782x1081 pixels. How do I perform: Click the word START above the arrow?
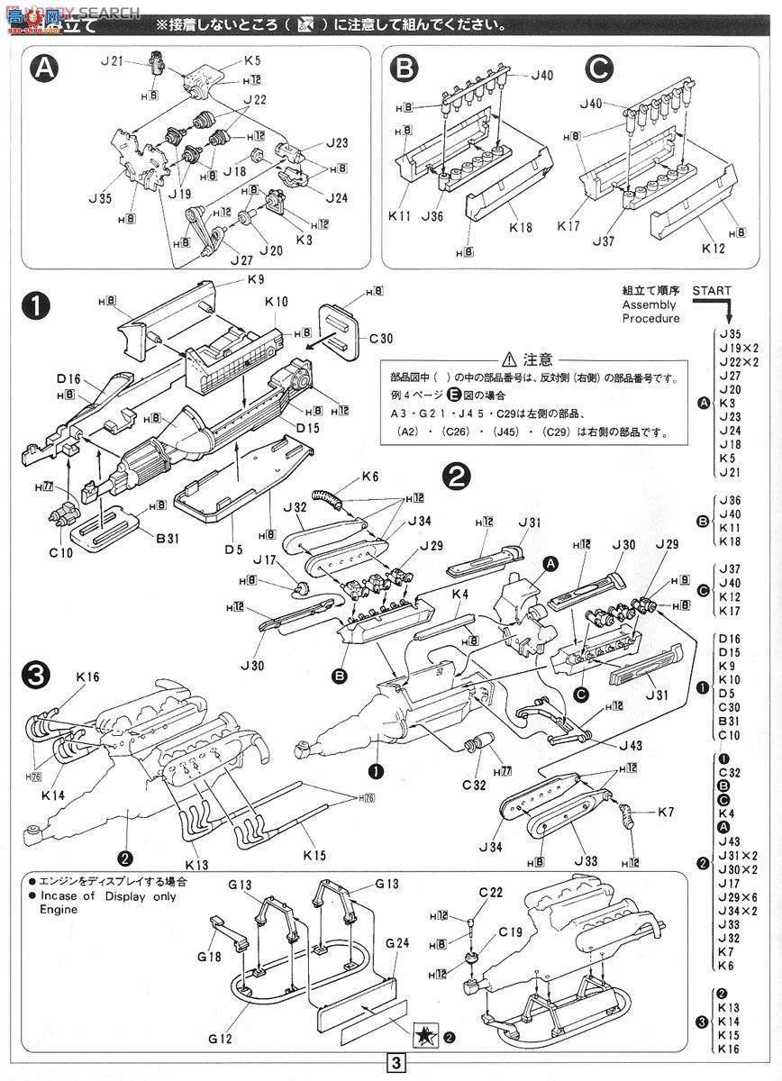point(712,291)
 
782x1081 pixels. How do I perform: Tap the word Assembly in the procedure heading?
point(647,304)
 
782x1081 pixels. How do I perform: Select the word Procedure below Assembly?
point(650,318)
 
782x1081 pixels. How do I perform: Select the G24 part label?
point(396,944)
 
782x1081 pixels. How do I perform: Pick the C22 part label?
point(490,892)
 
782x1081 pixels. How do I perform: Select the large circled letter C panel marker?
point(600,71)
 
